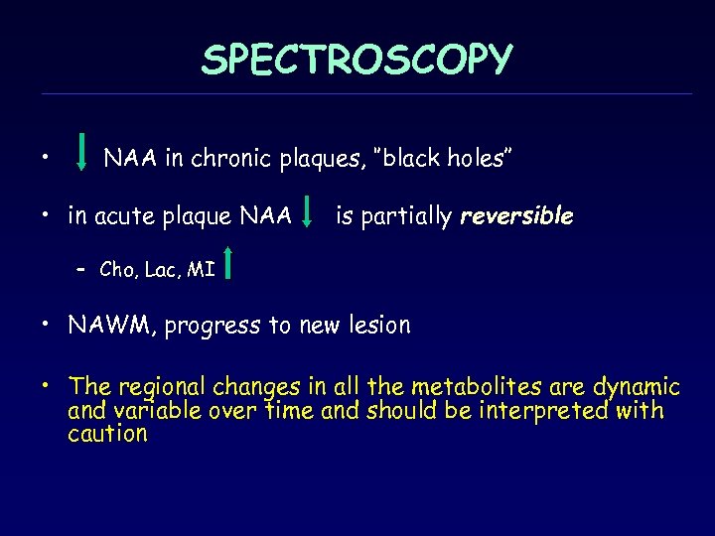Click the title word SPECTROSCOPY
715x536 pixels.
357,61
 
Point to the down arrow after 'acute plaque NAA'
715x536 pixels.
311,209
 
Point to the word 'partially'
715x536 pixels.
408,216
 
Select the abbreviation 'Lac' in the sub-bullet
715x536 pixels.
160,269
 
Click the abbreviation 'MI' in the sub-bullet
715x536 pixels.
202,269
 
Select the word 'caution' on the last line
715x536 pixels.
107,434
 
